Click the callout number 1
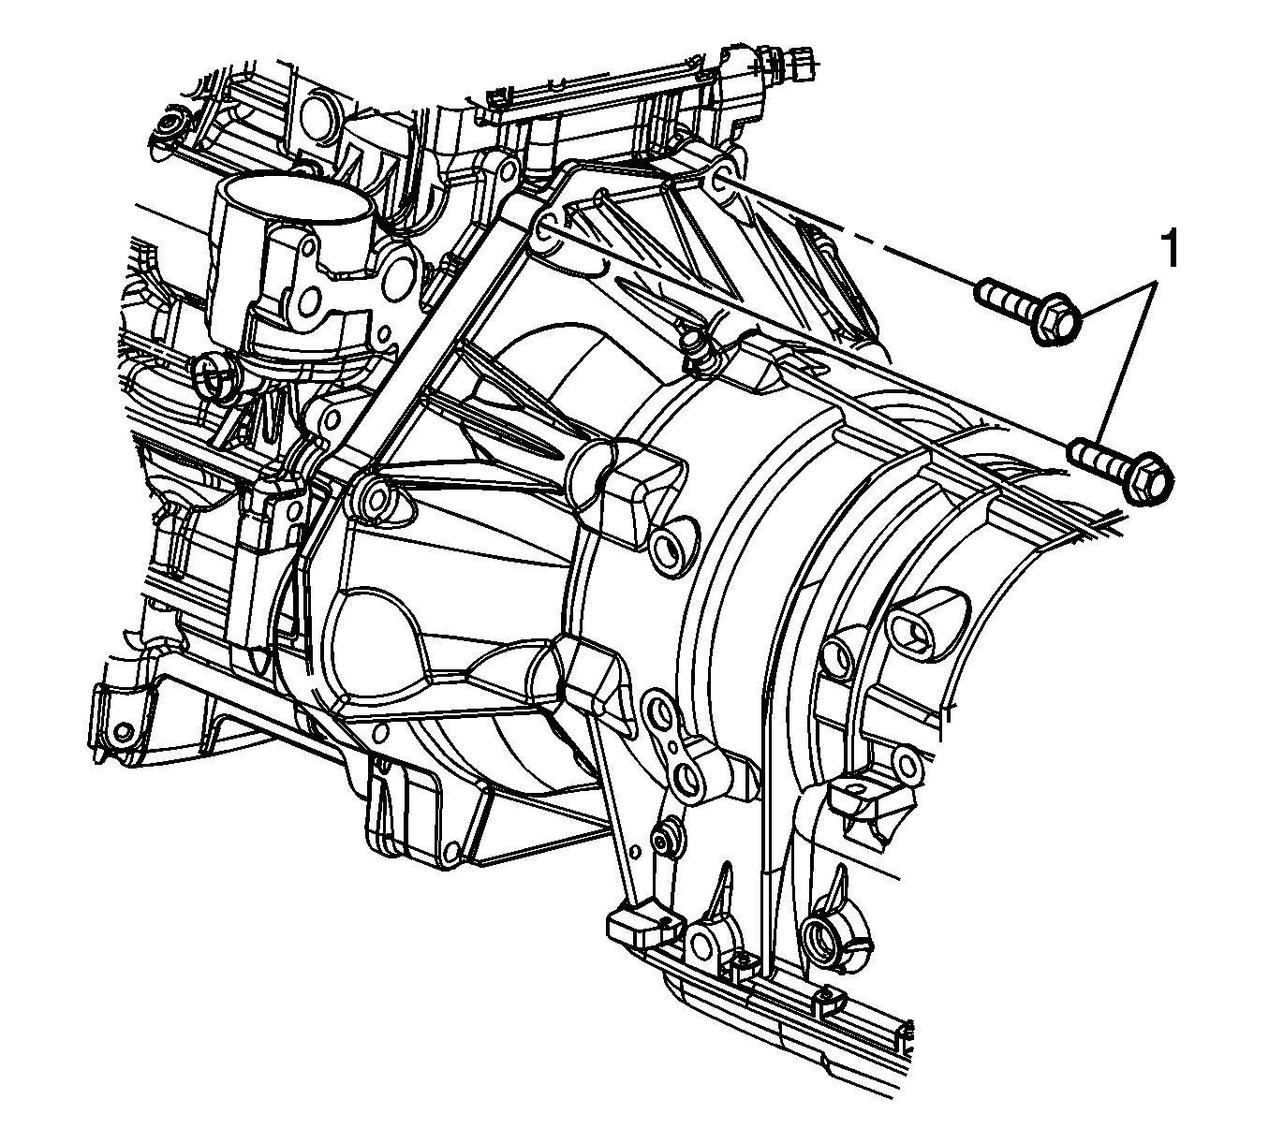tap(1168, 250)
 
